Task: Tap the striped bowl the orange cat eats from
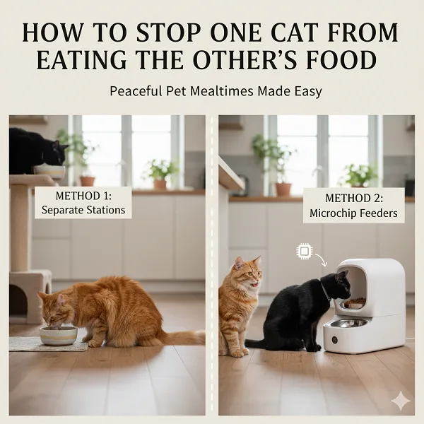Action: pos(59,335)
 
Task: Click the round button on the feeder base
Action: pos(334,340)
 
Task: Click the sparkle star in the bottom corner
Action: pos(401,401)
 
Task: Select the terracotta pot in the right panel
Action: pos(283,189)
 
